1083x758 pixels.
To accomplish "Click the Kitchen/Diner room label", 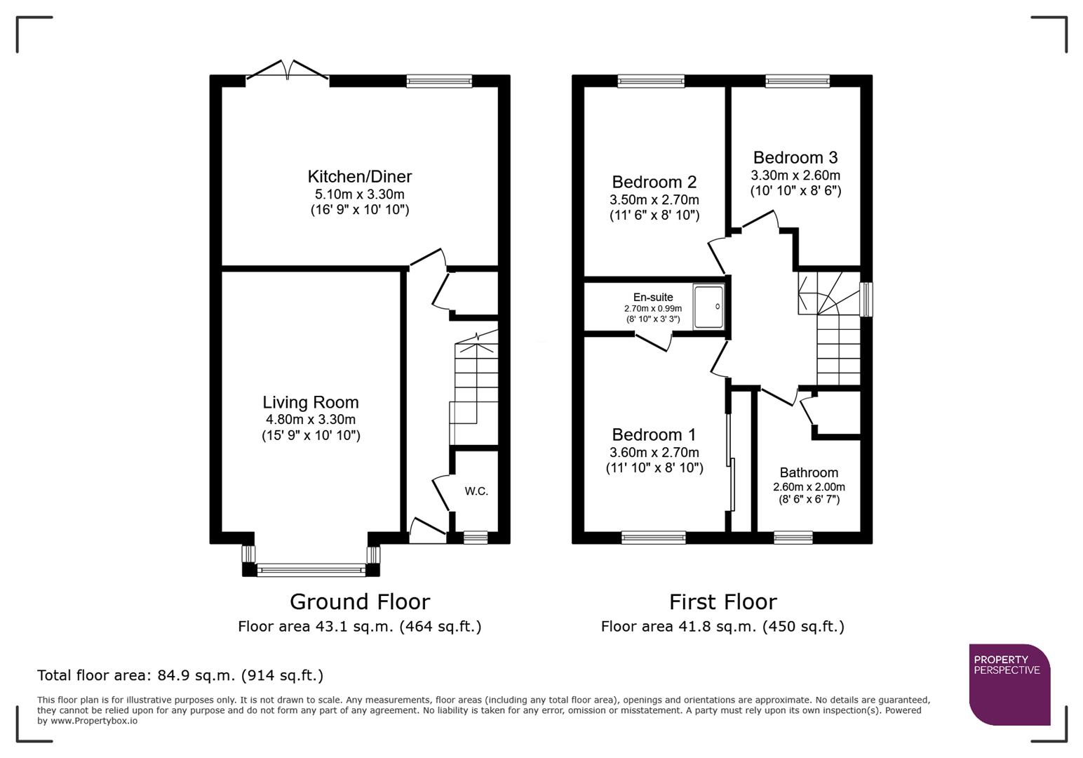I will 359,177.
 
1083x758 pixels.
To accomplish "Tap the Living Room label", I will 310,402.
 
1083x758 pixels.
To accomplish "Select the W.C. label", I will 476,491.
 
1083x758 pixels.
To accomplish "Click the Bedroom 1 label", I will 654,434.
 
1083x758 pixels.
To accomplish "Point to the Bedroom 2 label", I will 654,182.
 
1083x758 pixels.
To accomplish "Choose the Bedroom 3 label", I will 795,157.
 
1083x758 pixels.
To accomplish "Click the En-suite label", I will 652,297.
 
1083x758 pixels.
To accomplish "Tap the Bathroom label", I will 809,472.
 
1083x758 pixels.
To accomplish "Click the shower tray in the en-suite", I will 708,307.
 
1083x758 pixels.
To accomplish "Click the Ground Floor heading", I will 359,601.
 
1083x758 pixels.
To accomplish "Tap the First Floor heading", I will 722,601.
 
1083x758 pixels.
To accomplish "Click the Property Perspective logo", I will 1009,684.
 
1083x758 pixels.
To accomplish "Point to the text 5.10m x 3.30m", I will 359,194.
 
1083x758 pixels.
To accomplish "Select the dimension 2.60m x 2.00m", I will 809,486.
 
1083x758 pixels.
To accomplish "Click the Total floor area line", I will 180,675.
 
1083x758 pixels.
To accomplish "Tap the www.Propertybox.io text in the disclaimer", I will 93,721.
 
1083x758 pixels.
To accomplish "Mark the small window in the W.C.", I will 476,538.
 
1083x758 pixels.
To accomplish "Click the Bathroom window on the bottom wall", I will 793,538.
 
